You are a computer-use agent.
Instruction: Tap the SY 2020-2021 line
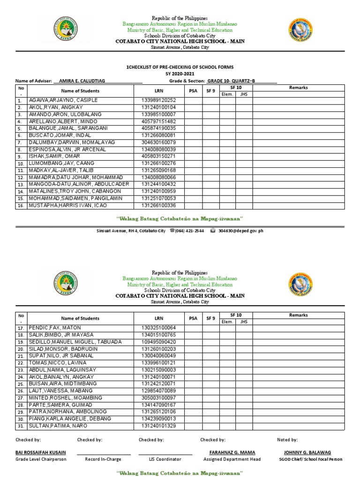click(x=180, y=74)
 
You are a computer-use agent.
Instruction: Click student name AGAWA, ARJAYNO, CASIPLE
click(x=63, y=100)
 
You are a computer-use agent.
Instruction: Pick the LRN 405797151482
click(x=158, y=121)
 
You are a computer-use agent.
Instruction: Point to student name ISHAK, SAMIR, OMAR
click(x=54, y=156)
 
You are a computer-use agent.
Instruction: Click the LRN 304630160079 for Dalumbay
click(x=158, y=142)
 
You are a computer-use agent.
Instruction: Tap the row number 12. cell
click(x=21, y=178)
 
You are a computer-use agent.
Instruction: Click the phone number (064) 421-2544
click(x=189, y=231)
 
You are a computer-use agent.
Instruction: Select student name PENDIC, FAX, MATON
click(x=55, y=328)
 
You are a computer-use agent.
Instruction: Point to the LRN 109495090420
click(x=158, y=342)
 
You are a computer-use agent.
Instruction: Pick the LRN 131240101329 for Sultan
click(x=158, y=426)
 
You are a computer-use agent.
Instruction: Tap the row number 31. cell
click(x=21, y=426)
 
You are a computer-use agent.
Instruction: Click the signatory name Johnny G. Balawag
click(x=307, y=452)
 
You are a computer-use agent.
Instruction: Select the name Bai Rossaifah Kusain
click(x=41, y=452)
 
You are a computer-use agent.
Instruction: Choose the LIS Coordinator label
click(x=165, y=459)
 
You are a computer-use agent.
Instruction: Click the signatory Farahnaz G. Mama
click(x=232, y=452)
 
